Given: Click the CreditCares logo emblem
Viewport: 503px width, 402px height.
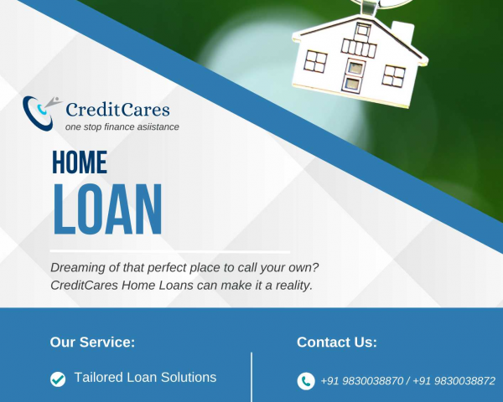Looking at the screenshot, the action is pyautogui.click(x=41, y=113).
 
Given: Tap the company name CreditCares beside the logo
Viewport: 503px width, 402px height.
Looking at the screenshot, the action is pyautogui.click(x=117, y=110).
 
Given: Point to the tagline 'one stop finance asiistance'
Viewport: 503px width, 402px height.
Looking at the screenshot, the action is pyautogui.click(x=122, y=127).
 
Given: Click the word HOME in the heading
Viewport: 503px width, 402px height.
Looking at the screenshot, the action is pyautogui.click(x=80, y=162).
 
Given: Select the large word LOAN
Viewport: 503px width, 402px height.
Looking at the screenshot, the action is pyautogui.click(x=107, y=209).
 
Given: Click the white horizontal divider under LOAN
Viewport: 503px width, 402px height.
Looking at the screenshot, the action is pyautogui.click(x=170, y=251).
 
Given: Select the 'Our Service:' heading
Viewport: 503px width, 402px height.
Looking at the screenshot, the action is pyautogui.click(x=92, y=342).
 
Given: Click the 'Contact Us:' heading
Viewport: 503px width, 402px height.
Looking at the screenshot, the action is pyautogui.click(x=337, y=342).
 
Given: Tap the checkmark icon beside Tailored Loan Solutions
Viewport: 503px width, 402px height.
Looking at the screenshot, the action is pyautogui.click(x=58, y=379).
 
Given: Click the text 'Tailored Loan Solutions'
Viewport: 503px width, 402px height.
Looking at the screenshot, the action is pyautogui.click(x=145, y=378).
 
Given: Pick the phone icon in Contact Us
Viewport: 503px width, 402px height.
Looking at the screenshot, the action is pyautogui.click(x=306, y=381).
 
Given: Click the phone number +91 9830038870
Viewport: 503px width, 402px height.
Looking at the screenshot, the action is pyautogui.click(x=362, y=381).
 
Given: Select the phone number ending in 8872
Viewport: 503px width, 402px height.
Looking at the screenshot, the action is pyautogui.click(x=454, y=381).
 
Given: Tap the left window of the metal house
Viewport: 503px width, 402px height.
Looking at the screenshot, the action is pyautogui.click(x=316, y=61).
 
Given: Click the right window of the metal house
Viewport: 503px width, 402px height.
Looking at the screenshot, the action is pyautogui.click(x=394, y=75).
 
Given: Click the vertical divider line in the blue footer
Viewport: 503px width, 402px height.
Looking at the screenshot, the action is pyautogui.click(x=251, y=377).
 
